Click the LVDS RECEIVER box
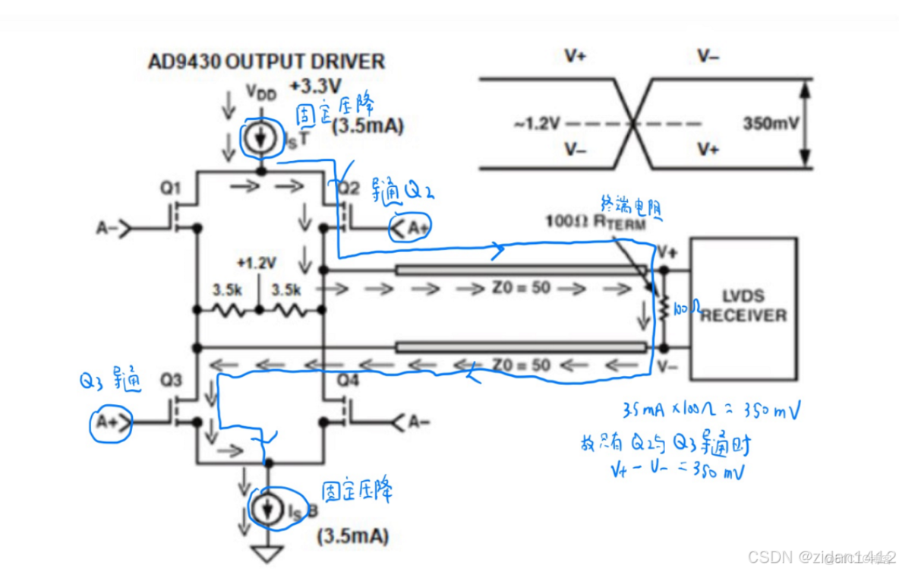pyautogui.click(x=743, y=308)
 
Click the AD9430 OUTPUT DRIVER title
pyautogui.click(x=266, y=62)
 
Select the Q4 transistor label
pyautogui.click(x=346, y=378)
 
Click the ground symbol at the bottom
pyautogui.click(x=267, y=552)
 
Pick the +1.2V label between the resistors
pyautogui.click(x=258, y=263)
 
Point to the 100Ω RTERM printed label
pyautogui.click(x=596, y=223)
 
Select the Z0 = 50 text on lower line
pyautogui.click(x=521, y=365)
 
